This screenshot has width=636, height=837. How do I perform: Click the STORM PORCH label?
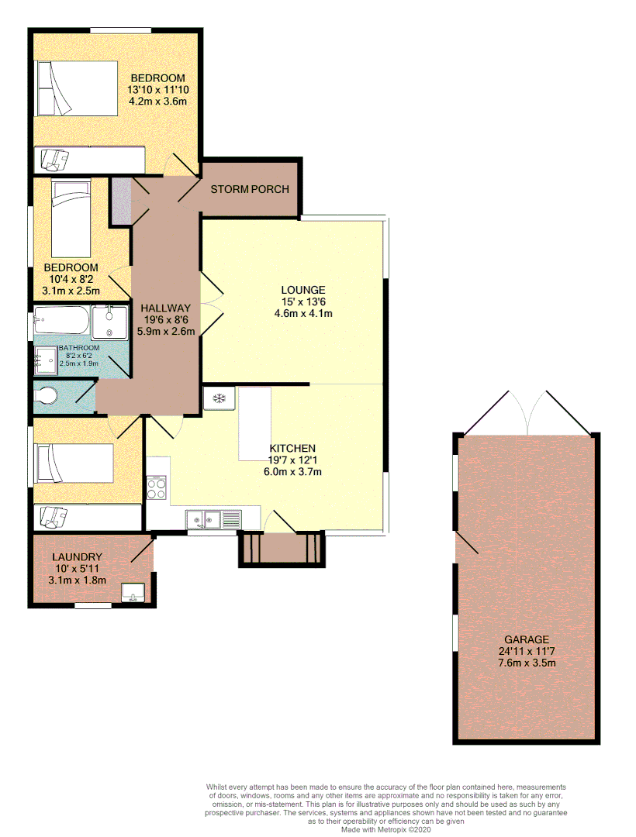(249, 189)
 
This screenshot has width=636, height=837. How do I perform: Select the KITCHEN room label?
(292, 448)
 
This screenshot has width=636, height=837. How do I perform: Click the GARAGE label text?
(527, 639)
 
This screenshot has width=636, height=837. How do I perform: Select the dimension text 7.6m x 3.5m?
(527, 663)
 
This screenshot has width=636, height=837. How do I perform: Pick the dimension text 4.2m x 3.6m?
(158, 101)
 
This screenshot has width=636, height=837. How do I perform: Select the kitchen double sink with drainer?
(213, 518)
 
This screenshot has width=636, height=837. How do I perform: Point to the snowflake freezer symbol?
(219, 398)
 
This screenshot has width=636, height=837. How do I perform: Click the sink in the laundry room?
(134, 592)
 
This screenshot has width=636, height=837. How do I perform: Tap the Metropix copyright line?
(387, 828)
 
